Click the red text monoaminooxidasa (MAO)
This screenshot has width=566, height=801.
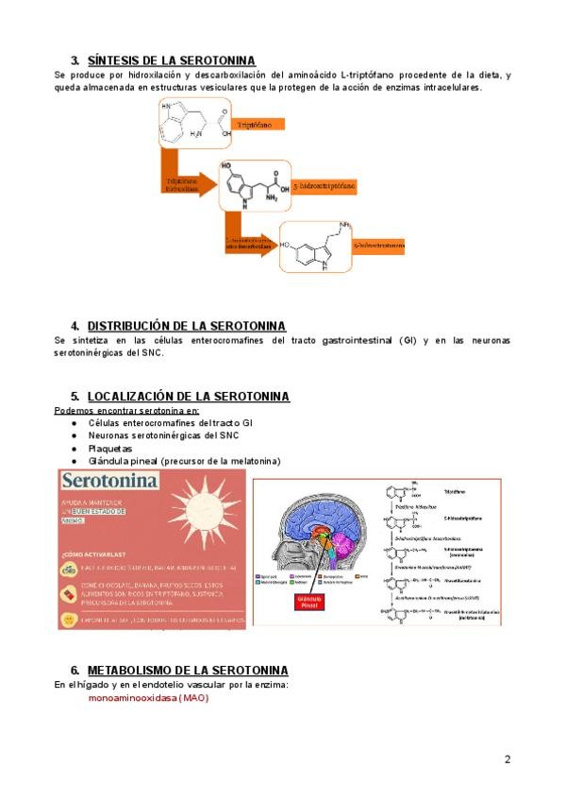click(x=148, y=698)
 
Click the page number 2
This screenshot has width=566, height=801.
click(x=508, y=759)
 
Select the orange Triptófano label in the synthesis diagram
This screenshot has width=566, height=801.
click(x=252, y=124)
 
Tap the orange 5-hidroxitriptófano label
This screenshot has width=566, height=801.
click(x=325, y=187)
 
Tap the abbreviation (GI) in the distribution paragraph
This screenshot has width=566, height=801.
click(x=406, y=340)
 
